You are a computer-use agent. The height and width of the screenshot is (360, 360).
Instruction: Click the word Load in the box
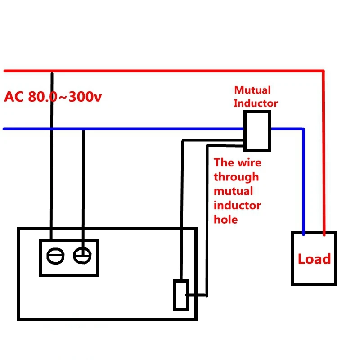[314, 259]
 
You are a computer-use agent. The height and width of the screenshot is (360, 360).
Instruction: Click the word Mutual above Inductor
[252, 90]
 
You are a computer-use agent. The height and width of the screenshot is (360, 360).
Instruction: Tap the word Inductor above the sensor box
[256, 103]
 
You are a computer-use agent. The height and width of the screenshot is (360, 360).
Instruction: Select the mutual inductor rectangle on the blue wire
[257, 131]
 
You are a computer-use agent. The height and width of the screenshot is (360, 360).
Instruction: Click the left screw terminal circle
[55, 256]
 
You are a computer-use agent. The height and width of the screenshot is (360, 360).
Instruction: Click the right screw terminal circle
[82, 255]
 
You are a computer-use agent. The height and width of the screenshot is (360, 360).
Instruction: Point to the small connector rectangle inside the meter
[181, 295]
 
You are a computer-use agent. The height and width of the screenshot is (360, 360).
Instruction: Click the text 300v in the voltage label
[85, 97]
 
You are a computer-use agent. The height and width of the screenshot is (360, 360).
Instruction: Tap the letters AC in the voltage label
[14, 97]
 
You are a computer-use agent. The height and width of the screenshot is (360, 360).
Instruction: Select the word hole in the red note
[226, 220]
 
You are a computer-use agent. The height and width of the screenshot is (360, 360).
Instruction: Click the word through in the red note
[236, 177]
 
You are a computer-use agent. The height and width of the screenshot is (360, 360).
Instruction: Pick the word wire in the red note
[250, 163]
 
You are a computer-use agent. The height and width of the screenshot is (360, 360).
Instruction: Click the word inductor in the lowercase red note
[237, 206]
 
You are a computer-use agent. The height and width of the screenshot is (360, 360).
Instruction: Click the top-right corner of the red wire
[323, 71]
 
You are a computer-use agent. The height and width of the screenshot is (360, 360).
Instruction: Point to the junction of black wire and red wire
[52, 72]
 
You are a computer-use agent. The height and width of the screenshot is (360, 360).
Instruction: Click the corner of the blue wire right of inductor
[303, 129]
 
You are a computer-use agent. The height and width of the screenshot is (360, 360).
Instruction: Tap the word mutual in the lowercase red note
[233, 191]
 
